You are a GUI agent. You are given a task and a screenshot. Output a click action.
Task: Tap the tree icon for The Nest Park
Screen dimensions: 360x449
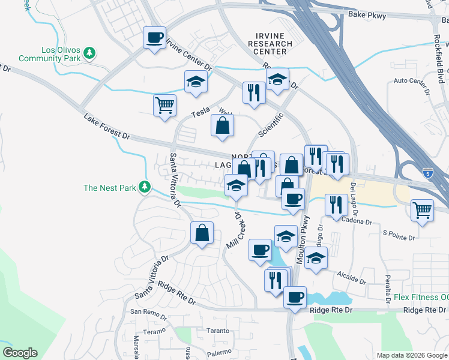coord(144,188)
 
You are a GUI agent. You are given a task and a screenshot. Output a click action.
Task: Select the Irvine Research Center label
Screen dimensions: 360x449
coord(270,44)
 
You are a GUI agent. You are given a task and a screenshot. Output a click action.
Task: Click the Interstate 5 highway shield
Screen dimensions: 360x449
coord(427,172)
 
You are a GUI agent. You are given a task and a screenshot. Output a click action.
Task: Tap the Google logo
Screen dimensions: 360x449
coord(20,353)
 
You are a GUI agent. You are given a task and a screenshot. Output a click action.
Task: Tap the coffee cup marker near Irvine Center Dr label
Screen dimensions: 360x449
coord(154,38)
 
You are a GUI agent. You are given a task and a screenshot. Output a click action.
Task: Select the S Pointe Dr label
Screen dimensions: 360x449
coord(399,234)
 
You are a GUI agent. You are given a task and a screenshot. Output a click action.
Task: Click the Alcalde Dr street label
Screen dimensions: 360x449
coord(352,278)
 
